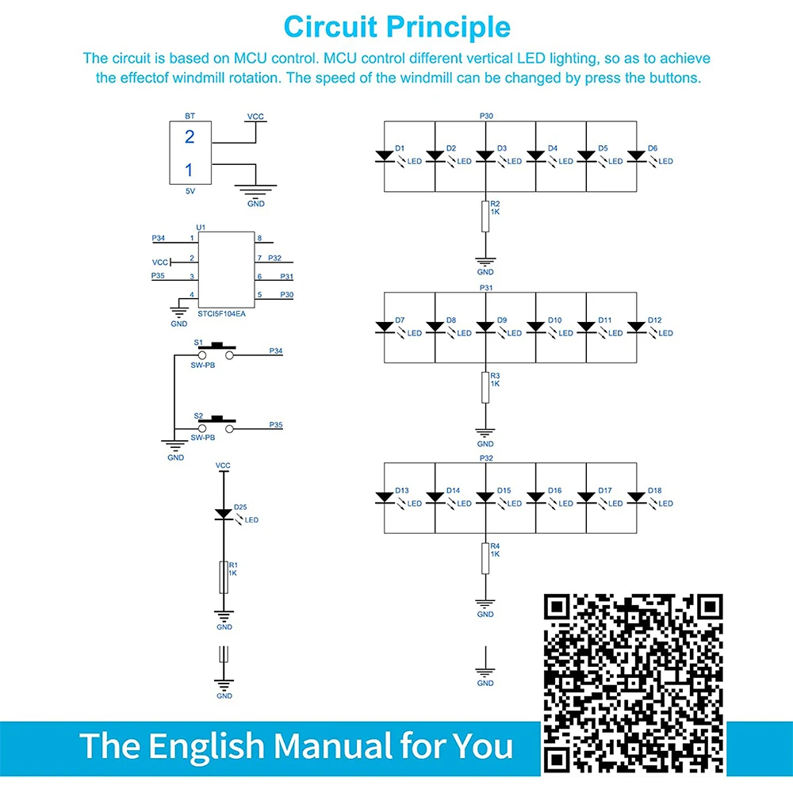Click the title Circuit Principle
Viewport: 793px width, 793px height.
coord(396,27)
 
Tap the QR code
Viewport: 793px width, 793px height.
coord(633,683)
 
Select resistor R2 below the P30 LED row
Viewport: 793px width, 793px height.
coord(485,216)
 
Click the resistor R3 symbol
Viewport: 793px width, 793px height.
coord(485,386)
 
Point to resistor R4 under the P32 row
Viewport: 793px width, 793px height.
coord(485,557)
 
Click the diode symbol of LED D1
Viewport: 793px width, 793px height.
coord(385,156)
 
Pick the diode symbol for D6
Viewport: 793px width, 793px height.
coord(637,156)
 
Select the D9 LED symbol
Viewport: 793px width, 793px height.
coord(485,327)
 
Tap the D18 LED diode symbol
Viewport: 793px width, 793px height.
coord(637,498)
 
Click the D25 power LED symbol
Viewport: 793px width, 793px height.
coord(224,514)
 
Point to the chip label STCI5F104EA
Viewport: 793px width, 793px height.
coord(222,314)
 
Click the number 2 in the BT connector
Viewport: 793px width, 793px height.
coord(189,136)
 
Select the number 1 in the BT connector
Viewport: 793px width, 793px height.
coord(189,169)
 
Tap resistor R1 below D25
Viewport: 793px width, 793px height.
coord(224,577)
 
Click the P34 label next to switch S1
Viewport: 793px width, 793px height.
coord(276,350)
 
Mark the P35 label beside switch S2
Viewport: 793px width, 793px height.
coord(276,425)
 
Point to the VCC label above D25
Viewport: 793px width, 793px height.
coord(224,465)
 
